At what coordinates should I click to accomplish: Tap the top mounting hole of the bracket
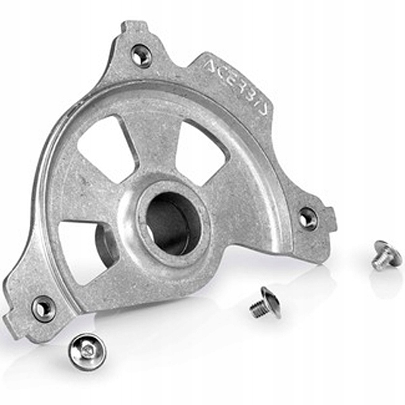(141, 56)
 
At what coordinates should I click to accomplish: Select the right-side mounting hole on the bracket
(308, 219)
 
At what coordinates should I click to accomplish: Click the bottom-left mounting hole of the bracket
(43, 308)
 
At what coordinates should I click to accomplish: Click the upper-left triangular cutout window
(106, 150)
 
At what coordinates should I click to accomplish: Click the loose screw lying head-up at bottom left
(87, 352)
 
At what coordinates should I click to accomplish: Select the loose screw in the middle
(266, 303)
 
